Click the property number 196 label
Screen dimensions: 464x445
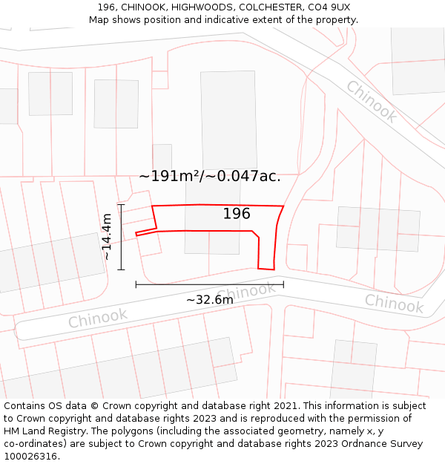pyautogui.click(x=237, y=214)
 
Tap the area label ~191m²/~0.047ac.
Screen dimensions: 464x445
pyautogui.click(x=210, y=176)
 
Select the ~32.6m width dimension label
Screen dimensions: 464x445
pyautogui.click(x=209, y=299)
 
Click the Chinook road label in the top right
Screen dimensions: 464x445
pyautogui.click(x=372, y=102)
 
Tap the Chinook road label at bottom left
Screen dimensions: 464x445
pyautogui.click(x=98, y=318)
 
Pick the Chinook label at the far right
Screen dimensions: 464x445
pyautogui.click(x=394, y=303)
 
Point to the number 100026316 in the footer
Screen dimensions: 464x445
pyautogui.click(x=30, y=456)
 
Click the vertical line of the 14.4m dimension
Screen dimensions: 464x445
pyautogui.click(x=121, y=237)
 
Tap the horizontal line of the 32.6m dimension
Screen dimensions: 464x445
pyautogui.click(x=209, y=284)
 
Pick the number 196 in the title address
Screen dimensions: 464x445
pyautogui.click(x=106, y=7)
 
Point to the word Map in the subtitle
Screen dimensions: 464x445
pyautogui.click(x=99, y=19)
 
